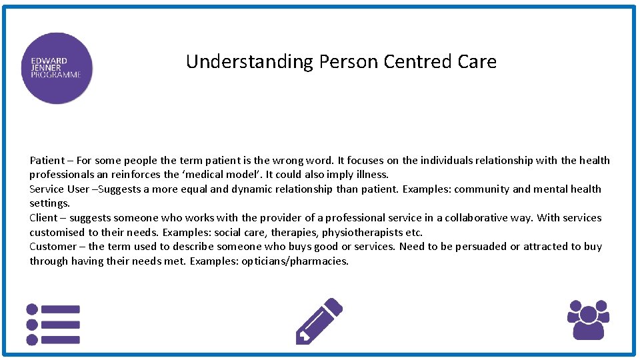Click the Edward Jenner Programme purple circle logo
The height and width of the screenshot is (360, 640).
[57, 68]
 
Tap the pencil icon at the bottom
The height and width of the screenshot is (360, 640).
[319, 321]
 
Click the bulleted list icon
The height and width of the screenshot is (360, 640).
[53, 325]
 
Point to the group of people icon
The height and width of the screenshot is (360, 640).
[587, 319]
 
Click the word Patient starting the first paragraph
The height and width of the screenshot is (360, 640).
[47, 161]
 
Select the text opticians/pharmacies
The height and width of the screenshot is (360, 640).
[303, 261]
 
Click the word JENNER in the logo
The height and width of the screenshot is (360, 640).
[45, 68]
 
